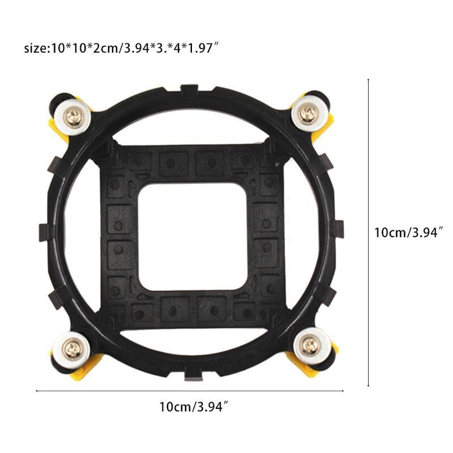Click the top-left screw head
75,117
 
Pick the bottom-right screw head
310,344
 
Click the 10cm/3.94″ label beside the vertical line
408,233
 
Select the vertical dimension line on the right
369,233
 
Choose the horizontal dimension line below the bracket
190,391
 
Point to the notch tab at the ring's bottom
193,374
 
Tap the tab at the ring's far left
44,231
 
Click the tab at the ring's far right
338,229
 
